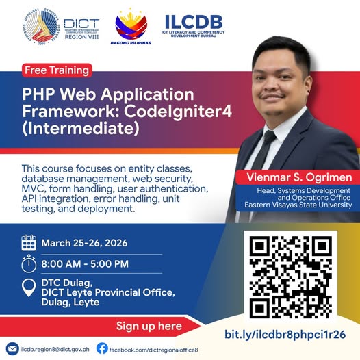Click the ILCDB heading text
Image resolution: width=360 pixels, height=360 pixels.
194,21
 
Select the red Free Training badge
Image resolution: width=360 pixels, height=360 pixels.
57,70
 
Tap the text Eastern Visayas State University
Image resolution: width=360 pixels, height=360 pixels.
300,205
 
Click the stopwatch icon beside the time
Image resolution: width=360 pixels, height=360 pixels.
29,263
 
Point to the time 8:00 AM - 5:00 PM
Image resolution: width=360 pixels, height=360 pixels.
85,263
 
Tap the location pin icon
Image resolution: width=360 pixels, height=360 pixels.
29,288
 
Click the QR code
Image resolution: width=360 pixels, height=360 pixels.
291,276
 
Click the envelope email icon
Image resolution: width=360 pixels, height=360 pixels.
12,348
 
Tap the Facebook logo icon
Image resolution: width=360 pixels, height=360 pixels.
102,348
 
